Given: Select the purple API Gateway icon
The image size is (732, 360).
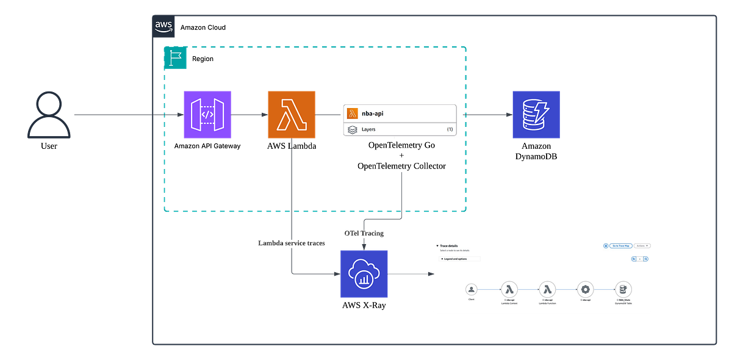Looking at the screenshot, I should [207, 114].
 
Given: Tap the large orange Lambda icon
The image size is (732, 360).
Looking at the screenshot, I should [292, 114].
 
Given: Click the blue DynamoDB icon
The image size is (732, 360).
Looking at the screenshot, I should [536, 114].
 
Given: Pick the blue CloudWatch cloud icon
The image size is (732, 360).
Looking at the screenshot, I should [364, 274].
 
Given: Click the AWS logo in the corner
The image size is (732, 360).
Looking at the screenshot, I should [163, 26].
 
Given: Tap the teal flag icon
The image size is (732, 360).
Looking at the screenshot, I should [176, 57].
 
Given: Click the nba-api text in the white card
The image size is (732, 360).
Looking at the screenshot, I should [373, 113].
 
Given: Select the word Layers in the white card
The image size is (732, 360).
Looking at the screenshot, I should [368, 129].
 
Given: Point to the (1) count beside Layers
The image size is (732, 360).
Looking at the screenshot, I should [450, 129].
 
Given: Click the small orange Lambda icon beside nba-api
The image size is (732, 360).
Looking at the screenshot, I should [352, 113].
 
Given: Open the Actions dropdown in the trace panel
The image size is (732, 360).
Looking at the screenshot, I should [642, 245].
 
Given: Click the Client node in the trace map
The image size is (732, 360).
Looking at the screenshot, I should [471, 290].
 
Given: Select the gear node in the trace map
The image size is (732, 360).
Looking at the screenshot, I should [585, 290].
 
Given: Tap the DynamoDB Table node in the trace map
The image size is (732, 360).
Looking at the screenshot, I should [623, 290].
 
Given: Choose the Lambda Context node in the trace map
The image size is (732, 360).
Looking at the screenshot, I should [509, 290].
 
